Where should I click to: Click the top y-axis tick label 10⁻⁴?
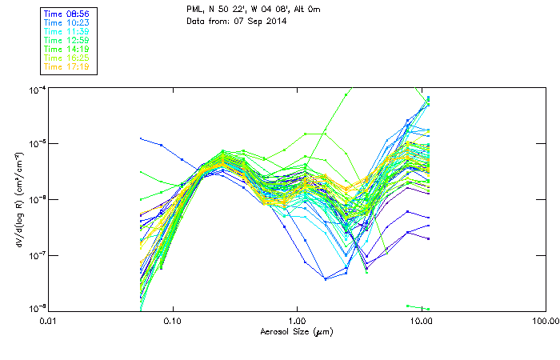click(x=36, y=89)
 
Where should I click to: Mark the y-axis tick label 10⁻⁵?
click(x=36, y=144)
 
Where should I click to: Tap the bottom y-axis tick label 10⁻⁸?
click(x=36, y=308)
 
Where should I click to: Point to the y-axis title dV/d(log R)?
click(x=18, y=198)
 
